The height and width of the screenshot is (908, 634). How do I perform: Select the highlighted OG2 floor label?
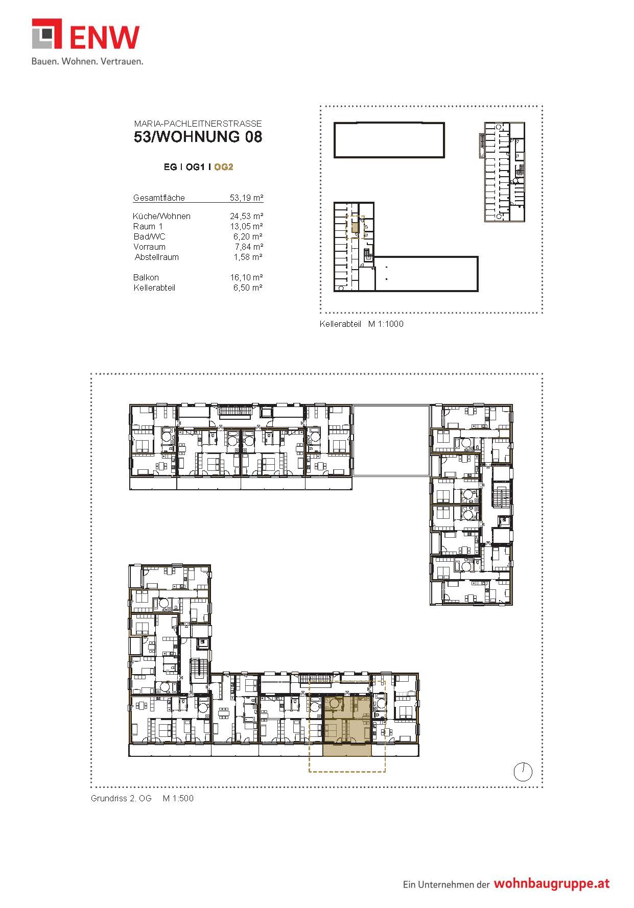[224, 167]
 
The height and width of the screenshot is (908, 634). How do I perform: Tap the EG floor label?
[170, 167]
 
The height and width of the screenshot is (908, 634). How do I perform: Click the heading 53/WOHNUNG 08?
[198, 137]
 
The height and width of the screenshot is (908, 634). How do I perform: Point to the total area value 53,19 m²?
[246, 198]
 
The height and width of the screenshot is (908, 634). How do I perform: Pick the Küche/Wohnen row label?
[161, 216]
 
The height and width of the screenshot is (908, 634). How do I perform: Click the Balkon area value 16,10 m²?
[246, 277]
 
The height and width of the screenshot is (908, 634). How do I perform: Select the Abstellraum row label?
[157, 257]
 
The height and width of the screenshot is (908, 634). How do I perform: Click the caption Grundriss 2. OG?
[121, 798]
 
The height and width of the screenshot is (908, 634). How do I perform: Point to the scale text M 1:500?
[178, 798]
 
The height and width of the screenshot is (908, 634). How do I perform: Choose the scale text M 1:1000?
[386, 324]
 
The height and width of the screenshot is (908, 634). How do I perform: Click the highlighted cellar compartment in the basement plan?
[355, 228]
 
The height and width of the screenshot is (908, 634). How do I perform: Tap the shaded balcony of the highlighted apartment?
[347, 750]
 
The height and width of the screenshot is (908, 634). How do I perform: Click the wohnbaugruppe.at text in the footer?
[551, 884]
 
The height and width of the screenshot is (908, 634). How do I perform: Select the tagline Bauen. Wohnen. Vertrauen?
[87, 61]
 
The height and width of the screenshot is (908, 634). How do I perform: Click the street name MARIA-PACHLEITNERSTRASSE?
[198, 124]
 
